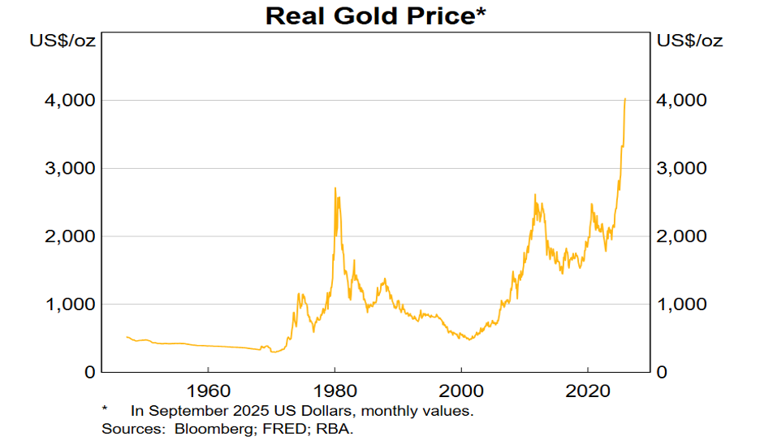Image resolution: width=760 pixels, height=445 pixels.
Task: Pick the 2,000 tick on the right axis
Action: (x=684, y=236)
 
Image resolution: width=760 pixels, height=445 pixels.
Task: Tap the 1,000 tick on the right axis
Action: (x=684, y=304)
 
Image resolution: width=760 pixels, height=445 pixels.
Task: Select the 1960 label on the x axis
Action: (x=208, y=389)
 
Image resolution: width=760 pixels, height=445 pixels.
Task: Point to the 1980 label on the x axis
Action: (x=335, y=389)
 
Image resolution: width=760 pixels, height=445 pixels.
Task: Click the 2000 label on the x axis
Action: (x=461, y=389)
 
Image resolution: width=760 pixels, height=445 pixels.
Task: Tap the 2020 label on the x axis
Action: (x=588, y=389)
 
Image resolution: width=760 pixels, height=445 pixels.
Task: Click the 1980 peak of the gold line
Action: (x=335, y=189)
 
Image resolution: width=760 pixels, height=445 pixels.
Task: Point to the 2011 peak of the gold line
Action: (x=535, y=196)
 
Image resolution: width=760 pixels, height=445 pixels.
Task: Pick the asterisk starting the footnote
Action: (x=106, y=409)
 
